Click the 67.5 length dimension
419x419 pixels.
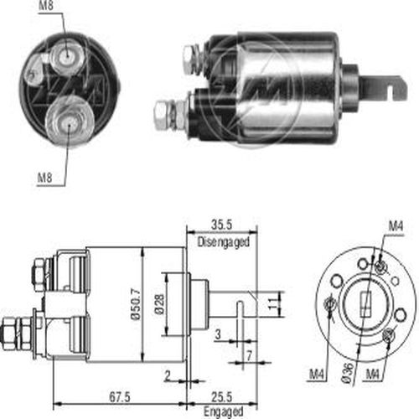coord(120,396)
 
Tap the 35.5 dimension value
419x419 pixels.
coord(221,225)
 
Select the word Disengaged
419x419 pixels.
coord(223,242)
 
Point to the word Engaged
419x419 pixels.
coord(223,411)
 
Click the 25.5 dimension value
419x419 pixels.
coord(221,396)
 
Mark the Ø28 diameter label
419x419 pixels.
coord(160,305)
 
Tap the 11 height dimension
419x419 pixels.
coord(273,304)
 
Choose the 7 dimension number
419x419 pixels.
coord(249,355)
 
